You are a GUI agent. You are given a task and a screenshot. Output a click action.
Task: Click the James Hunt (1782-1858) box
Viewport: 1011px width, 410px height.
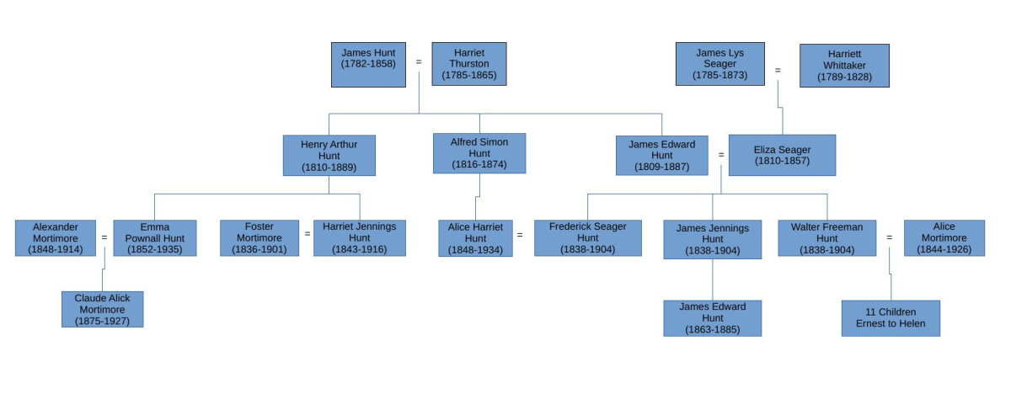click(x=368, y=65)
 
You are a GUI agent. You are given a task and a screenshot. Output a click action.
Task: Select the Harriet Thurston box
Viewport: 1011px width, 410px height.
click(x=469, y=64)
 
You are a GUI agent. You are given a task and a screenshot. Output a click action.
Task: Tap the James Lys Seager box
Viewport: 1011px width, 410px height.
click(x=719, y=64)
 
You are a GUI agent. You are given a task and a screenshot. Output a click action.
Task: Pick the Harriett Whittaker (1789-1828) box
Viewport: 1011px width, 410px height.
click(x=844, y=66)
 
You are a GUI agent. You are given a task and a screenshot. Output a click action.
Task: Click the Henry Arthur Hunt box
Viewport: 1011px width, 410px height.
click(x=329, y=156)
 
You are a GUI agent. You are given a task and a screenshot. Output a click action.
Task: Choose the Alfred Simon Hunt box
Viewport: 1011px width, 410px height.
click(x=479, y=153)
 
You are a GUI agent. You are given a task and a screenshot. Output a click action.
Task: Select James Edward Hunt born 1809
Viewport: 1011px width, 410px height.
click(x=661, y=156)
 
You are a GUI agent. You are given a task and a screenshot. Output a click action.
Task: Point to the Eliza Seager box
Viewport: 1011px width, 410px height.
click(x=782, y=155)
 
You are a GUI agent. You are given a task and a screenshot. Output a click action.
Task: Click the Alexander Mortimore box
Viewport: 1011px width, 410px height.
click(x=56, y=238)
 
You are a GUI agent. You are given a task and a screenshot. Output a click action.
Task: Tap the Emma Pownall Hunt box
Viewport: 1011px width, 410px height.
click(x=155, y=238)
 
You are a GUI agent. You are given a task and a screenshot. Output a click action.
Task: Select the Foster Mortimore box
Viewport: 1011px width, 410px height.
click(x=259, y=238)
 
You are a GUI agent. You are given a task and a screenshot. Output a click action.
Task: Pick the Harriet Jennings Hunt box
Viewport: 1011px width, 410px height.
click(x=360, y=238)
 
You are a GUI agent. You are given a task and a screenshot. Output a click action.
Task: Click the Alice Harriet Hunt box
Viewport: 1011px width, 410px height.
click(x=475, y=238)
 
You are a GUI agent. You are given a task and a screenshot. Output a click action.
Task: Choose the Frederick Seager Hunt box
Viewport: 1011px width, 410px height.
click(x=587, y=238)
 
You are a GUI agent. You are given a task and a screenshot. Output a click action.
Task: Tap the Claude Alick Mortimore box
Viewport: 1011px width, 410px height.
click(x=102, y=309)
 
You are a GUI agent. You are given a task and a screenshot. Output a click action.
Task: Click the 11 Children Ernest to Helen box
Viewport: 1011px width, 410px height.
click(x=891, y=318)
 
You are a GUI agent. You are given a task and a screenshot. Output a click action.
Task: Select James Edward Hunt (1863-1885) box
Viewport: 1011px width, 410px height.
click(x=712, y=318)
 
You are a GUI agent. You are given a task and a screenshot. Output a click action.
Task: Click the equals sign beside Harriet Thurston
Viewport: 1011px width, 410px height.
click(x=419, y=61)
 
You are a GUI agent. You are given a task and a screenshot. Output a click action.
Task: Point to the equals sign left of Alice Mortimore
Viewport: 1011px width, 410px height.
click(x=889, y=237)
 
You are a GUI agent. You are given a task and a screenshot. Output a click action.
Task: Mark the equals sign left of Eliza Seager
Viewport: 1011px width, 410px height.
click(x=721, y=155)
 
